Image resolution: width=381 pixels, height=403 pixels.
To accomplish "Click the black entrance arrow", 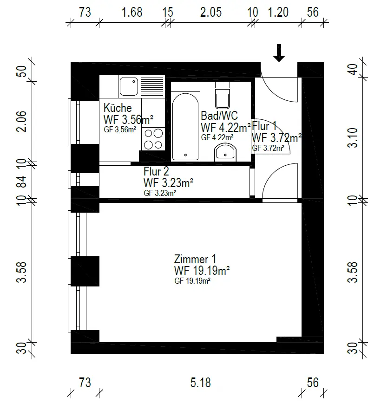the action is click(x=279, y=53).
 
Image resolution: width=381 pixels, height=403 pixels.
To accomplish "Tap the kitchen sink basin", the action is click(x=129, y=87).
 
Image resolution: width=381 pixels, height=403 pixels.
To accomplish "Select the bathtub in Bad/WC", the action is click(x=185, y=127).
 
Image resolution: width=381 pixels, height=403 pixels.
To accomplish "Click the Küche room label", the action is click(x=118, y=108).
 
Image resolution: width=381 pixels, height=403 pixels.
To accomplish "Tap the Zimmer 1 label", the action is click(x=195, y=259).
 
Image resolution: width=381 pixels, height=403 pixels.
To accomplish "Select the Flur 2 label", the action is click(x=156, y=171).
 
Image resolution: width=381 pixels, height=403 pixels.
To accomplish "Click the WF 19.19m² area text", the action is click(x=202, y=270).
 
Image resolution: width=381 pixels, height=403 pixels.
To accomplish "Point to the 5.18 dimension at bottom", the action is click(x=201, y=383).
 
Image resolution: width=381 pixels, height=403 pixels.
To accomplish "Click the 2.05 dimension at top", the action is click(x=211, y=13).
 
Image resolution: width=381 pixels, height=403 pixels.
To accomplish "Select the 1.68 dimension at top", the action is click(x=131, y=13).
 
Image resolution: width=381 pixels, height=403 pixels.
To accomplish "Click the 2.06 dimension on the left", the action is click(x=21, y=122).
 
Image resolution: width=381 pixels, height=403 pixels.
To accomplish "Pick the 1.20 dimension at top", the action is click(x=278, y=13).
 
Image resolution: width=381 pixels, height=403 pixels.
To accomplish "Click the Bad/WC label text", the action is click(x=219, y=116).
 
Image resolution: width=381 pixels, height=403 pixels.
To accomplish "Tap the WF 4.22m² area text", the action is click(x=226, y=128).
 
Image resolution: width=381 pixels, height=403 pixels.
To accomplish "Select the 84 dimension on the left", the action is click(x=21, y=182).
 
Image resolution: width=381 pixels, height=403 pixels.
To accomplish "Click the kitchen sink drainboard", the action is click(x=152, y=87).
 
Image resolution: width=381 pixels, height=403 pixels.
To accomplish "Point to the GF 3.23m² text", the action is click(x=160, y=193).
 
